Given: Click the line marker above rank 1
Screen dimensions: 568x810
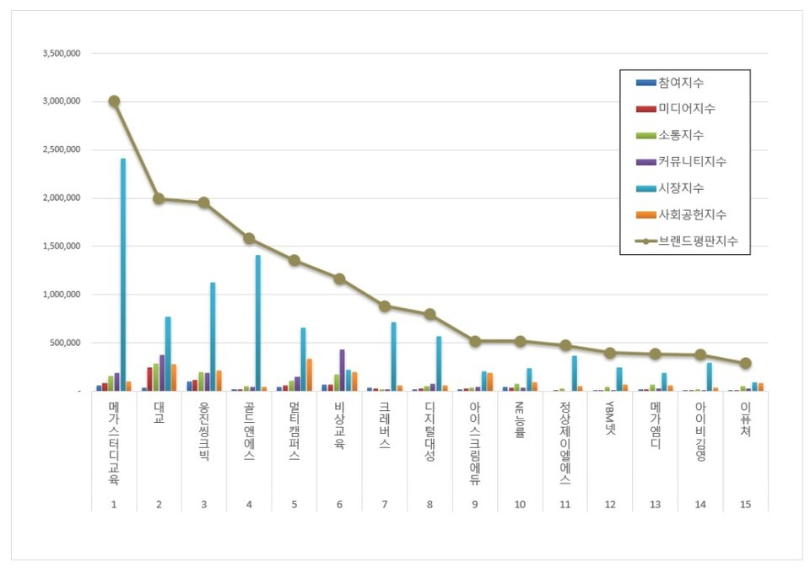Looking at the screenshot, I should pyautogui.click(x=114, y=101).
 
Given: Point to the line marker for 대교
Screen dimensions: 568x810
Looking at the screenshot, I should pyautogui.click(x=159, y=198).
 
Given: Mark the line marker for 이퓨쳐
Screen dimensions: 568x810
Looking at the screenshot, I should pyautogui.click(x=745, y=363).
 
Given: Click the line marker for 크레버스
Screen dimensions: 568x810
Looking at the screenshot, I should pyautogui.click(x=385, y=306).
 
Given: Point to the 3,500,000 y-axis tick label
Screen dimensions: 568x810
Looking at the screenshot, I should pyautogui.click(x=61, y=53).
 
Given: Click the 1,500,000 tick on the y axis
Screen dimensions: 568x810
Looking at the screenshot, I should pyautogui.click(x=61, y=246).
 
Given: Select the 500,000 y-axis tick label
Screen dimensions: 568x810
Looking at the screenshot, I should pyautogui.click(x=65, y=343).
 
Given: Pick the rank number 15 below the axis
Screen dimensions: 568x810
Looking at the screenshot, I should pyautogui.click(x=745, y=505).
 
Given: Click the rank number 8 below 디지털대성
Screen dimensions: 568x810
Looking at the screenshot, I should pyautogui.click(x=429, y=505).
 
